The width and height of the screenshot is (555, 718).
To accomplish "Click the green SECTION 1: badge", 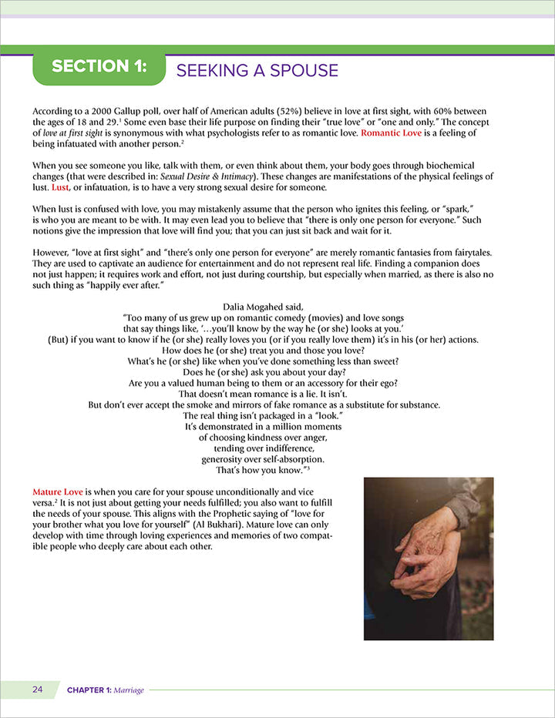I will (x=99, y=67).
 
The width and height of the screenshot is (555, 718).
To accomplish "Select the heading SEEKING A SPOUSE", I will (x=257, y=71).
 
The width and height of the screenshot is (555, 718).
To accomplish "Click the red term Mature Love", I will (x=58, y=490).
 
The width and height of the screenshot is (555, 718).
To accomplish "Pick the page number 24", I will (x=38, y=689).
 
